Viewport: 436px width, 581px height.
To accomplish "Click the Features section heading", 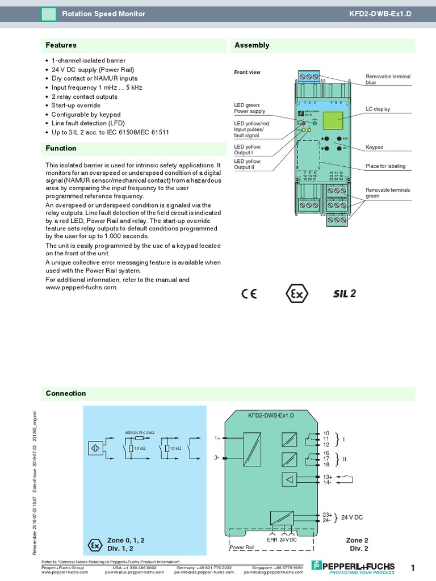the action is tap(61, 45).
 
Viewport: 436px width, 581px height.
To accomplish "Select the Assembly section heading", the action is tap(252, 45).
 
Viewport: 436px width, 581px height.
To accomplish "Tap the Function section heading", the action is tap(61, 149).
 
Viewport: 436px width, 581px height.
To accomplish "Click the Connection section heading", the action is tap(66, 393).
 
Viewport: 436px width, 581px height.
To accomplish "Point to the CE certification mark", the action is tap(249, 294).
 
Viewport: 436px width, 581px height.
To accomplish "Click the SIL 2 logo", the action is tap(344, 294).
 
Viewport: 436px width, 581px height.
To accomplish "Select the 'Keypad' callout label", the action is tap(375, 148).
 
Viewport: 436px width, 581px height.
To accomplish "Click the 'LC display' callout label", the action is tap(378, 109).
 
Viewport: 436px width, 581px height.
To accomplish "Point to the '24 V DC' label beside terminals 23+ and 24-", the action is tap(351, 517).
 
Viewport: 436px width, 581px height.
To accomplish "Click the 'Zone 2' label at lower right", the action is tap(357, 540).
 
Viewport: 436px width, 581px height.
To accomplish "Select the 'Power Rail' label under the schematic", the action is tap(242, 548).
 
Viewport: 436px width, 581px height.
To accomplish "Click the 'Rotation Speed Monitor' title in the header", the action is tap(103, 14).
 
